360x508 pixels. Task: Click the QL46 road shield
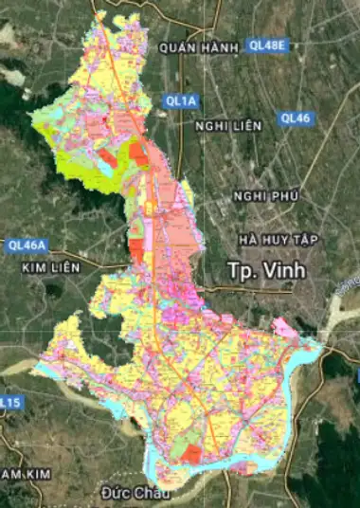(x=295, y=118)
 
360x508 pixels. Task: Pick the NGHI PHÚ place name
(x=266, y=196)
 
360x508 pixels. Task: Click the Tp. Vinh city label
(x=266, y=269)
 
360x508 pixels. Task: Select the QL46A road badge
(x=26, y=245)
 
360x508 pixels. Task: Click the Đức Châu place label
(x=138, y=494)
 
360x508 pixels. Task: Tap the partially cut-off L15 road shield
(x=9, y=403)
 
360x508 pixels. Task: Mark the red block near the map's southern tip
(x=192, y=456)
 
